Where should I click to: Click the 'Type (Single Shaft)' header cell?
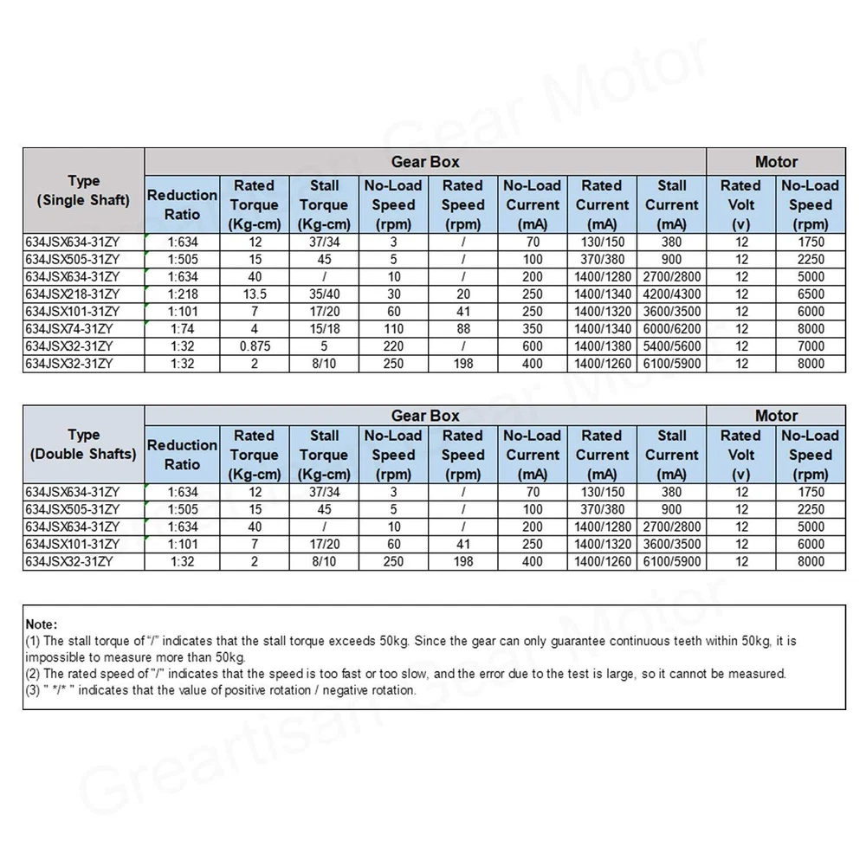pos(83,191)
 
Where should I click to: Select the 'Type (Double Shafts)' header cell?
pos(83,444)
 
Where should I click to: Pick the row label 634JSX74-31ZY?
pos(68,329)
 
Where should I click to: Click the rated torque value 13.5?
pos(255,294)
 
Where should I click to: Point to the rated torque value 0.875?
pos(255,346)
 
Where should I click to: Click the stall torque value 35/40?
pos(324,294)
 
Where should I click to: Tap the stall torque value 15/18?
pos(324,329)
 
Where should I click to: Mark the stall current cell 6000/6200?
pos(672,329)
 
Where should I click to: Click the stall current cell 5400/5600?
pos(672,346)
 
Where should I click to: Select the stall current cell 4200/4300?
pos(672,294)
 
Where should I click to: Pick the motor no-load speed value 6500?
pos(811,294)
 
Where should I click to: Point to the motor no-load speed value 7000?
pos(811,346)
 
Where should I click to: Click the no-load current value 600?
pos(533,346)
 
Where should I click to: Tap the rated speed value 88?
pos(463,329)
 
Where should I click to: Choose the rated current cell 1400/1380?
pos(602,346)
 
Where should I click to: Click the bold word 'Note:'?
pos(42,624)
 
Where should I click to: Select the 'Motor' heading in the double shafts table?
pos(776,416)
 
